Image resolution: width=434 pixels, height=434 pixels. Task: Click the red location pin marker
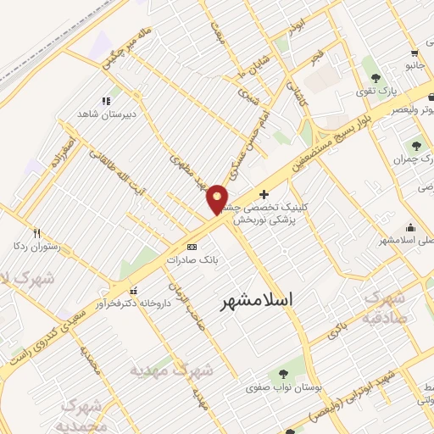[218, 199]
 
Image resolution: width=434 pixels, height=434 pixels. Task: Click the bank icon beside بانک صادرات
[192, 247]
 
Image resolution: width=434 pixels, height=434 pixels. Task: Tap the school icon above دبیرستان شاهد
[106, 100]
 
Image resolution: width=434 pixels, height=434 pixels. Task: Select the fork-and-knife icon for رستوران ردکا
[36, 233]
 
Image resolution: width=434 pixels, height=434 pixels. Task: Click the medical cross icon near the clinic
[264, 194]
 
